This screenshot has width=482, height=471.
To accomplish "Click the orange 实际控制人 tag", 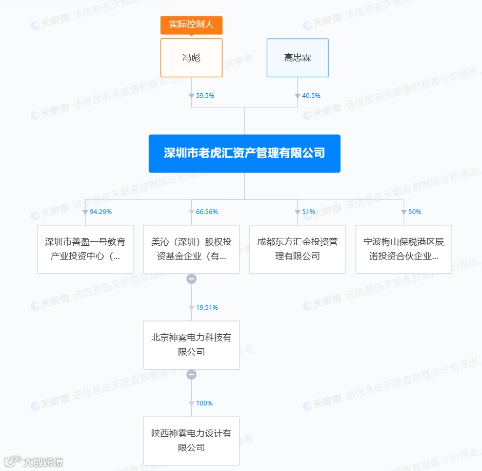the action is coord(191,25).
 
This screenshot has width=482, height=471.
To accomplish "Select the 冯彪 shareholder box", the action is coord(191,58).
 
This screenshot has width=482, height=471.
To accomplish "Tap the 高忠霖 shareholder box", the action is coord(297,58).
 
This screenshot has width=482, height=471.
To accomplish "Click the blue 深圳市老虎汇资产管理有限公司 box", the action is coord(245,154).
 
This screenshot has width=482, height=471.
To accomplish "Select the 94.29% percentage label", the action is coord(101,211).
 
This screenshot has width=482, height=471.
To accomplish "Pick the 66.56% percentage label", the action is coord(207,211).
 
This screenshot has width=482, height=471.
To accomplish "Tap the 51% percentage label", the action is coord(309,211).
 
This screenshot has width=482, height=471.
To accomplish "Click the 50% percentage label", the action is coord(414,211).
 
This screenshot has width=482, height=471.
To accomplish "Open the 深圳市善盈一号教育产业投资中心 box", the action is coord(85,249).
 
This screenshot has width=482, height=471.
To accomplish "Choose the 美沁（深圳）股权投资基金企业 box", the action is coord(191,249).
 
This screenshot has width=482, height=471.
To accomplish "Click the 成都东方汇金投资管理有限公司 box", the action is coord(297,249).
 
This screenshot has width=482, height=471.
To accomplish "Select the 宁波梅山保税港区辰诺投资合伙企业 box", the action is coord(404,249).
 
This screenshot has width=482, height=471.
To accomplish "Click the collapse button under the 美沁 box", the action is coord(191,279).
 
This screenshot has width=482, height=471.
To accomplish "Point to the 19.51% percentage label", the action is coord(207,308).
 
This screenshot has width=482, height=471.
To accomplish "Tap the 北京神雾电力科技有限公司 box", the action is coord(191,345).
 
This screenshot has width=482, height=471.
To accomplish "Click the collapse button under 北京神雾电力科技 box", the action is coord(191,375).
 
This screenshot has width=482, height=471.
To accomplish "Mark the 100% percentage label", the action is coord(204,403).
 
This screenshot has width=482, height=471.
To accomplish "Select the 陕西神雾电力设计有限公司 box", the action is coord(191,441).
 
